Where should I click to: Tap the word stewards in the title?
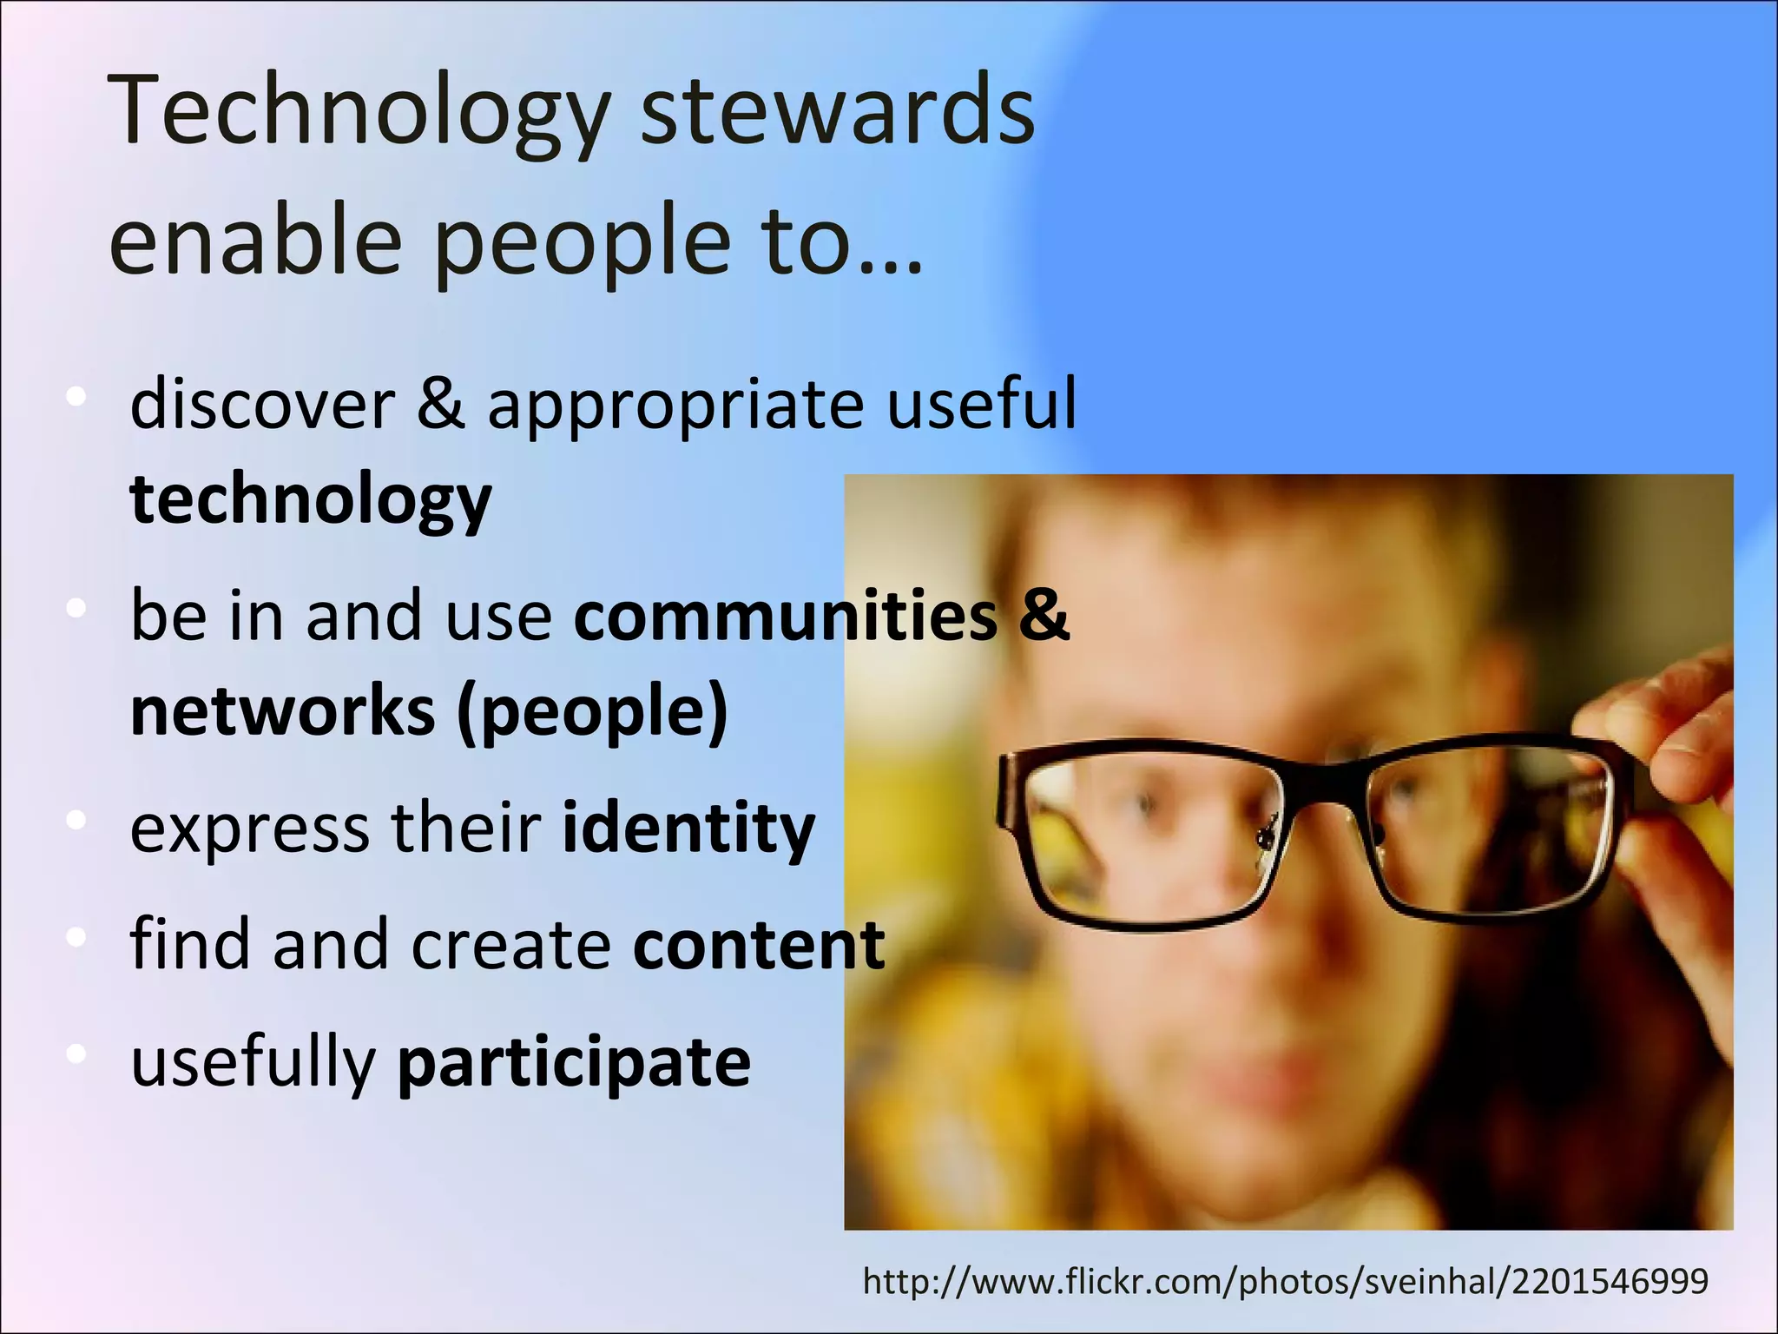click(x=838, y=113)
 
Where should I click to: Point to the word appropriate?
click(x=675, y=405)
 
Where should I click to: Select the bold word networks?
click(x=282, y=710)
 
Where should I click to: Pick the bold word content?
click(x=759, y=944)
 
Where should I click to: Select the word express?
click(x=249, y=829)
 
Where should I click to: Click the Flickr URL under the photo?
click(x=1285, y=1281)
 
